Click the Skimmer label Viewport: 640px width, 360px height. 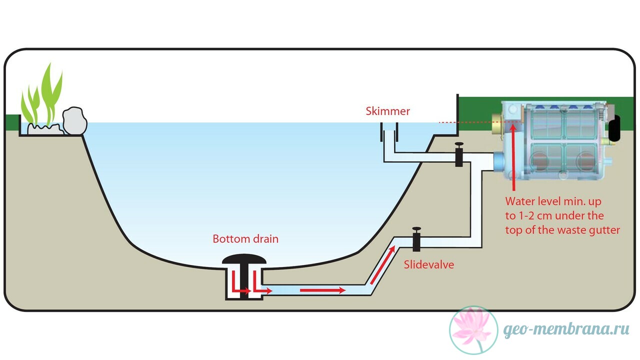pyautogui.click(x=387, y=111)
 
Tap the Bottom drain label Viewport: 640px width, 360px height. pyautogui.click(x=245, y=239)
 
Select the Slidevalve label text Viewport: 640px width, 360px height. pyautogui.click(x=429, y=264)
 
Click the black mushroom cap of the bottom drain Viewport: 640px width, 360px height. pyautogui.click(x=244, y=259)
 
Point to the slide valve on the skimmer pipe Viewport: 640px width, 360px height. pyautogui.click(x=459, y=154)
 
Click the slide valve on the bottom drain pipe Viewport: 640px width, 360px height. pyautogui.click(x=416, y=239)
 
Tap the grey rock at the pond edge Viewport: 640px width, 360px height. pyautogui.click(x=75, y=121)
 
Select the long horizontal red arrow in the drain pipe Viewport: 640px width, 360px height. pyautogui.click(x=323, y=290)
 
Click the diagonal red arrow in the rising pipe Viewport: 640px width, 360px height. pyautogui.click(x=382, y=265)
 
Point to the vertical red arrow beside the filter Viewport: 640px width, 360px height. pyautogui.click(x=513, y=157)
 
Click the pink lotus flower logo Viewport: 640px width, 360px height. pyautogui.click(x=473, y=330)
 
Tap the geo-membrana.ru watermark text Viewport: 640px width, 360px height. pyautogui.click(x=566, y=329)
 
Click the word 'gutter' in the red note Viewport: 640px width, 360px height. pyautogui.click(x=604, y=230)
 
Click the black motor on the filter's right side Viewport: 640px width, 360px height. pyautogui.click(x=615, y=127)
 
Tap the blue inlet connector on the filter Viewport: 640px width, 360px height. pyautogui.click(x=499, y=161)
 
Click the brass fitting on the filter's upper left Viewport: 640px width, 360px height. pyautogui.click(x=497, y=124)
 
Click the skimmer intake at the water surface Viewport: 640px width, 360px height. pyautogui.click(x=389, y=132)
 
